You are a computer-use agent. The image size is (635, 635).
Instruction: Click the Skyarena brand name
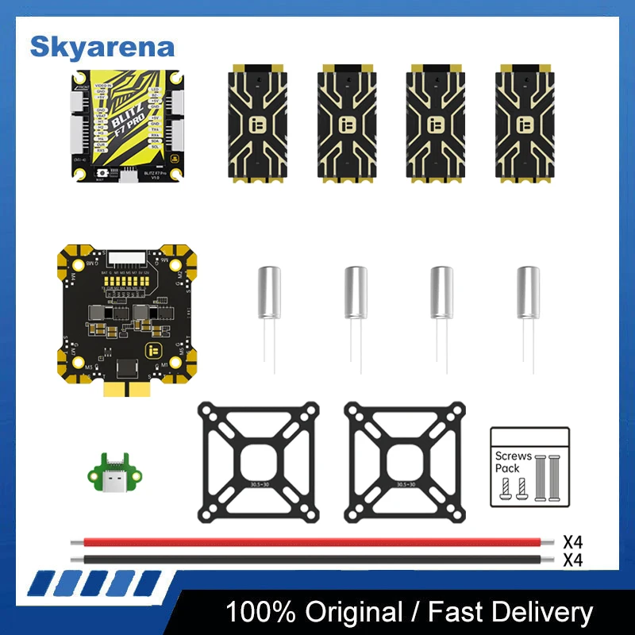[102, 46]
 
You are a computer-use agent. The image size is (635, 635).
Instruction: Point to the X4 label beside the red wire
[573, 542]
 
